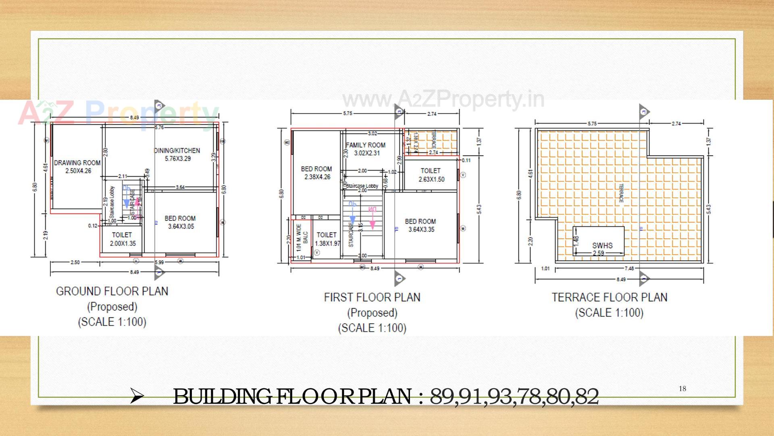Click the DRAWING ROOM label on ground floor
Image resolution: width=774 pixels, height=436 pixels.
pyautogui.click(x=77, y=166)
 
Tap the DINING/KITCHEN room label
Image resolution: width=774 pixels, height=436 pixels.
pyautogui.click(x=177, y=154)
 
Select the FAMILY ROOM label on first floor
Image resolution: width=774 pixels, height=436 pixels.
pyautogui.click(x=366, y=149)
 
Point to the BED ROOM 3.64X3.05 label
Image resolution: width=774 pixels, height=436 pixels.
pyautogui.click(x=180, y=222)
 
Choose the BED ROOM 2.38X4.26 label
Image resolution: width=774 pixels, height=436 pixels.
pyautogui.click(x=317, y=173)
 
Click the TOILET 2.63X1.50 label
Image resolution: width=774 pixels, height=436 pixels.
pyautogui.click(x=431, y=175)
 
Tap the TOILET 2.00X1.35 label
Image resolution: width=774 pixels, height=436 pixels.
pyautogui.click(x=122, y=239)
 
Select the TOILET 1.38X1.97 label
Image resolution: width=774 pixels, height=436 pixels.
pyautogui.click(x=327, y=239)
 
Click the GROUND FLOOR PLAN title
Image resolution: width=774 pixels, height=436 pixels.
pyautogui.click(x=112, y=291)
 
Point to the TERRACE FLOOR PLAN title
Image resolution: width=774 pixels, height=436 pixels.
pyautogui.click(x=609, y=298)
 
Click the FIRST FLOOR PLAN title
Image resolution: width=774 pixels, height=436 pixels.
pyautogui.click(x=372, y=298)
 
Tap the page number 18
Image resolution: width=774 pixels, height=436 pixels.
pyautogui.click(x=682, y=389)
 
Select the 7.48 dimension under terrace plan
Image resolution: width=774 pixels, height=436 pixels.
pyautogui.click(x=629, y=268)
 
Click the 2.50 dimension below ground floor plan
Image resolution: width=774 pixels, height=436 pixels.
pyautogui.click(x=75, y=262)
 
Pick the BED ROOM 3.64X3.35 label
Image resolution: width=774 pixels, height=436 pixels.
pyautogui.click(x=420, y=225)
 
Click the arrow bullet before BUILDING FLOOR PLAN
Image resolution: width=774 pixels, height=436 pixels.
pyautogui.click(x=137, y=397)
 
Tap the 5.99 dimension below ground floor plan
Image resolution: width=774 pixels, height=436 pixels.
pyautogui.click(x=159, y=262)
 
